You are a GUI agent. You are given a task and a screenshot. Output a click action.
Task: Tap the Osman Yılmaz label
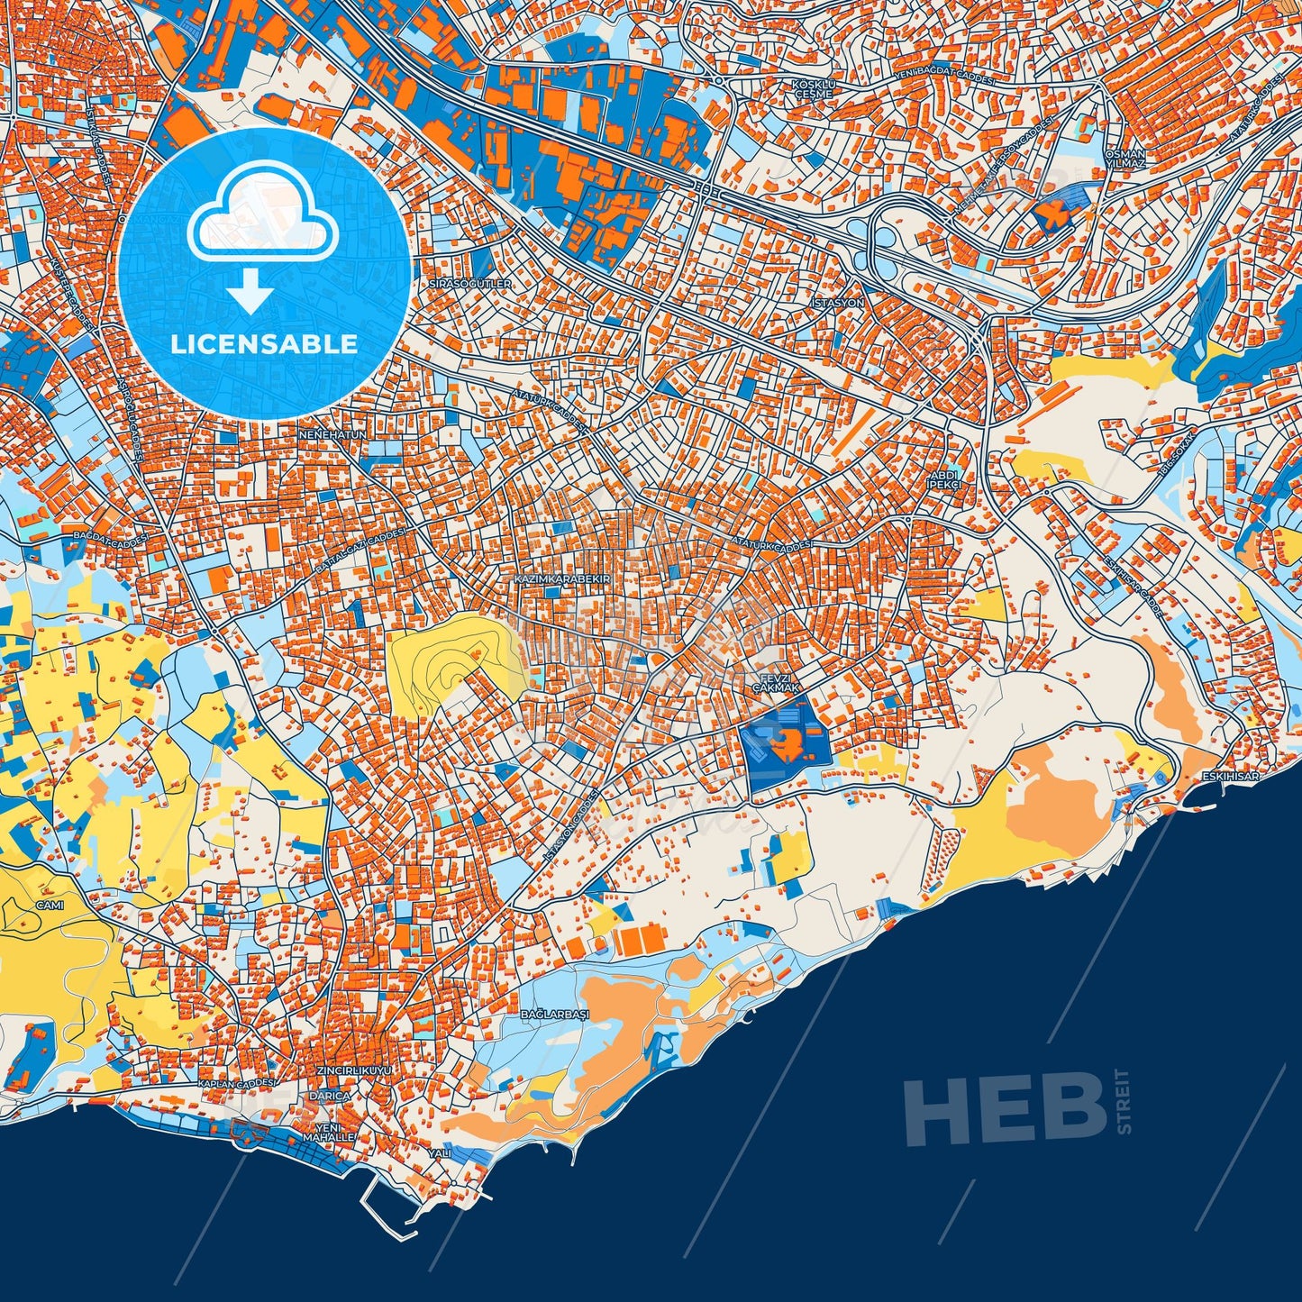1124,159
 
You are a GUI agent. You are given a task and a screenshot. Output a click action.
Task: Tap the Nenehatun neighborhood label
332,434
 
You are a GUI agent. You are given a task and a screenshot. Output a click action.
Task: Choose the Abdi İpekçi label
946,479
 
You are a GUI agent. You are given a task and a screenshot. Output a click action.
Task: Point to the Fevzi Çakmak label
776,683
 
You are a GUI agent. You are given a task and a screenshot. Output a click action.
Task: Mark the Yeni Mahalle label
329,1133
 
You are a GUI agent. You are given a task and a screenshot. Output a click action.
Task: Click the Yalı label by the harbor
439,1153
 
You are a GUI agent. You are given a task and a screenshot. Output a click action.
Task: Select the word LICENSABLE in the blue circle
264,343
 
